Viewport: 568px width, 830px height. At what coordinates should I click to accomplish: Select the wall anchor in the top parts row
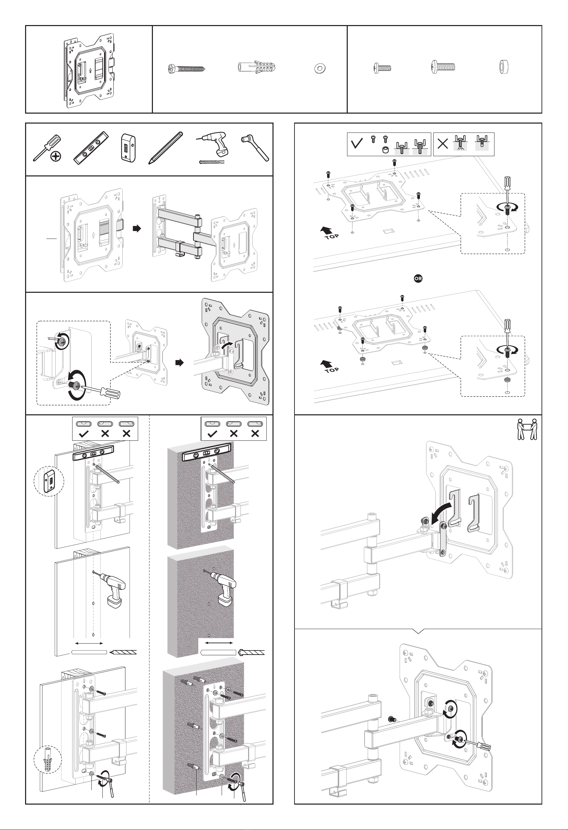tap(257, 67)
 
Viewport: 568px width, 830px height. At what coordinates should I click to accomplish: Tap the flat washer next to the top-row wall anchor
tap(320, 68)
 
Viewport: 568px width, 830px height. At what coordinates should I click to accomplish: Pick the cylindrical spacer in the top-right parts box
tap(504, 67)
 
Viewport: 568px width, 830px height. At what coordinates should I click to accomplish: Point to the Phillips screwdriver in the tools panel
tap(47, 148)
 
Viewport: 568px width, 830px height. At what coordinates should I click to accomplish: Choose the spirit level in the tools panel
tap(91, 147)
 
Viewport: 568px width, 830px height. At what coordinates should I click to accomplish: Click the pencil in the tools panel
tap(166, 148)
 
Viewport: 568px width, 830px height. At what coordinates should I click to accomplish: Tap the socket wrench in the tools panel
tap(255, 148)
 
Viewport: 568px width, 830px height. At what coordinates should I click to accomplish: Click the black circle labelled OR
tap(418, 278)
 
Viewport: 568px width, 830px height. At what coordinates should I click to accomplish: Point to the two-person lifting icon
tap(527, 429)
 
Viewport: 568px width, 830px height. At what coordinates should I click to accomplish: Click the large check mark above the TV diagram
tap(357, 143)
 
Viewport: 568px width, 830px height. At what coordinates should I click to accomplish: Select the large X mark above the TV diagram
tap(443, 143)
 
